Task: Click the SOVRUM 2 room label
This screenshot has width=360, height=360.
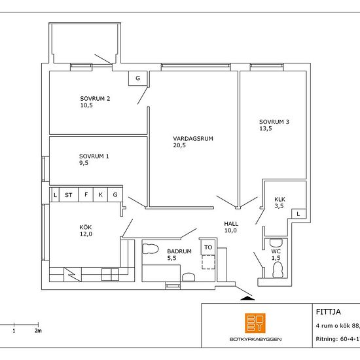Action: (95, 99)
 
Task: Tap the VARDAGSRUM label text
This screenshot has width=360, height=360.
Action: (193, 139)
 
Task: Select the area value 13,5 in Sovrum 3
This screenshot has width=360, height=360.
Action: (266, 128)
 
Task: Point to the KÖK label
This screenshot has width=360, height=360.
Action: (86, 227)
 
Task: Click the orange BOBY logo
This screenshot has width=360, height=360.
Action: (255, 323)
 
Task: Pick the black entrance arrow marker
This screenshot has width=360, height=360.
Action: (247, 298)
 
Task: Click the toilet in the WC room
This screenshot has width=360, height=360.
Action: (278, 270)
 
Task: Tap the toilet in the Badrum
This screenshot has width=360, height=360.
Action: (151, 249)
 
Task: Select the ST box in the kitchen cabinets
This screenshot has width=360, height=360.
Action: (69, 195)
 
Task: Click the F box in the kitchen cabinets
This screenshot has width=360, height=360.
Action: (86, 194)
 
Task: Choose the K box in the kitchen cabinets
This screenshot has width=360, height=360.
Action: (100, 194)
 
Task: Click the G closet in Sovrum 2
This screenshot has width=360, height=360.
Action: (137, 79)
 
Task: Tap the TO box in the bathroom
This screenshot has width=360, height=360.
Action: (208, 247)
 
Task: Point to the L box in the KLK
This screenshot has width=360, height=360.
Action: (298, 214)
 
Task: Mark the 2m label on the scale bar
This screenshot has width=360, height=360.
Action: (39, 331)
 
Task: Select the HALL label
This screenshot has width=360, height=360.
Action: (231, 224)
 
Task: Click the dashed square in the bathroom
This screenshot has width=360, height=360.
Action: (208, 262)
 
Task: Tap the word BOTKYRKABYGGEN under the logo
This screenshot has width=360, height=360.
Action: (255, 339)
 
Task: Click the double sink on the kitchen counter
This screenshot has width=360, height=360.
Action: (110, 275)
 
